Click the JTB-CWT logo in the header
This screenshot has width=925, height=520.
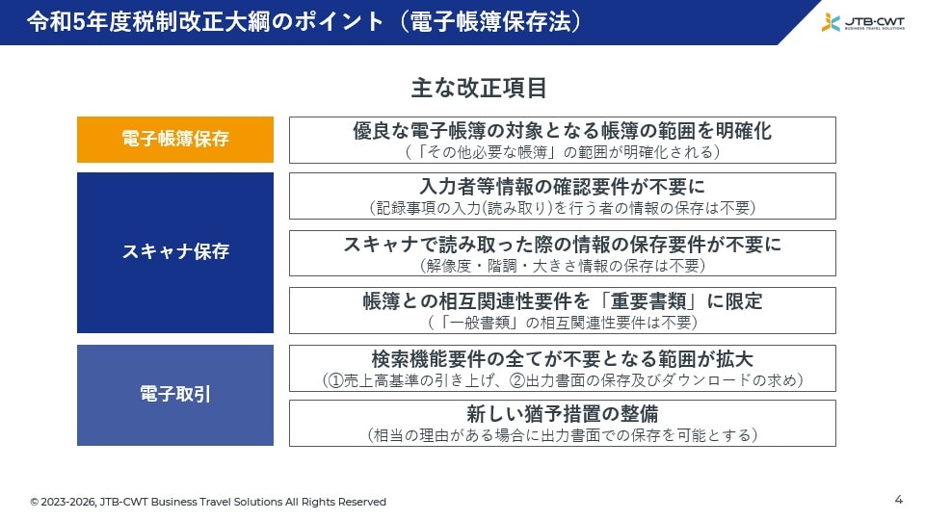pyautogui.click(x=862, y=22)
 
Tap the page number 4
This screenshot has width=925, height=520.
pyautogui.click(x=898, y=500)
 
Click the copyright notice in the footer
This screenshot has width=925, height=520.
pyautogui.click(x=208, y=502)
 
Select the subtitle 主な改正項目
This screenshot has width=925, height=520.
pyautogui.click(x=479, y=88)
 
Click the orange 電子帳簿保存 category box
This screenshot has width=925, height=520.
pyautogui.click(x=175, y=139)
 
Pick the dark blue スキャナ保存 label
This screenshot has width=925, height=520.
pyautogui.click(x=175, y=252)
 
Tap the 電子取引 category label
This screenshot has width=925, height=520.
pyautogui.click(x=175, y=395)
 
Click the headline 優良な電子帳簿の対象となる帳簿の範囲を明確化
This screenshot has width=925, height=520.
pyautogui.click(x=562, y=130)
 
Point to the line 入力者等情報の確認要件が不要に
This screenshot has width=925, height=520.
pyautogui.click(x=562, y=186)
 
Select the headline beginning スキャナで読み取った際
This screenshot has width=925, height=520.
pyautogui.click(x=562, y=244)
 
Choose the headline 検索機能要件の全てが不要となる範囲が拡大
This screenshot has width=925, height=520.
pyautogui.click(x=562, y=358)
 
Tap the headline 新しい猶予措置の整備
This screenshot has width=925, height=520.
pyautogui.click(x=562, y=413)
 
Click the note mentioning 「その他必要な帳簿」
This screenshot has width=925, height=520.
pyautogui.click(x=562, y=152)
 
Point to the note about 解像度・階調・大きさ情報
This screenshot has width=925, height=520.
pyautogui.click(x=562, y=266)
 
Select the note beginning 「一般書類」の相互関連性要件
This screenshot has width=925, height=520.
pyautogui.click(x=562, y=323)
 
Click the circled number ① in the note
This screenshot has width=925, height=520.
pyautogui.click(x=335, y=380)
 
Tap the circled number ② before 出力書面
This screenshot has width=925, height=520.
pyautogui.click(x=517, y=380)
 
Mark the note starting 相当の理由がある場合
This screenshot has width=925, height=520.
pyautogui.click(x=562, y=435)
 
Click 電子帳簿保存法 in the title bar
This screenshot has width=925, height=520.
pyautogui.click(x=490, y=22)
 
